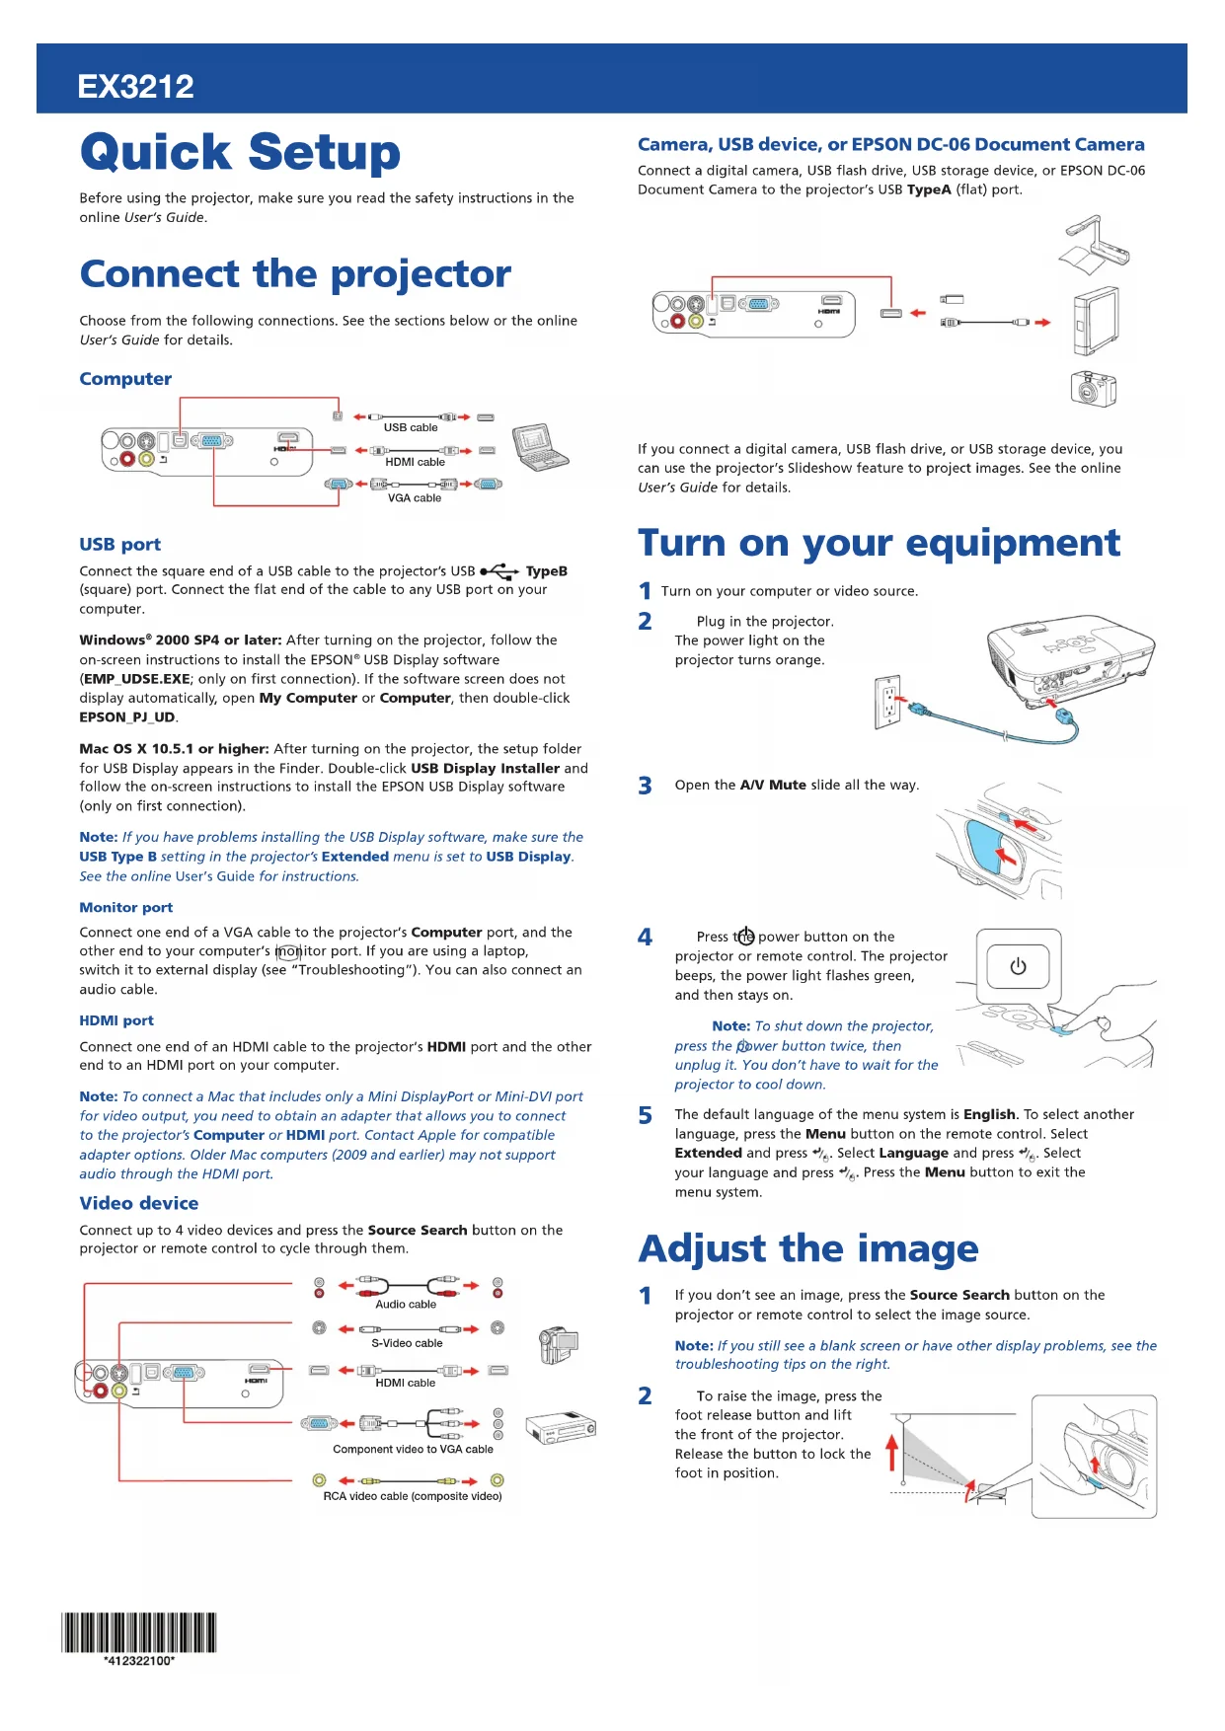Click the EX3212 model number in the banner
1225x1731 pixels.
coord(136,87)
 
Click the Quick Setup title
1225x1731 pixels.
coord(240,152)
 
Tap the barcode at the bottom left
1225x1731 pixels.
coord(139,1632)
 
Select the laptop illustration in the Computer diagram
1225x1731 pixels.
coord(539,447)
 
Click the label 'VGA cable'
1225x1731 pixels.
coord(415,498)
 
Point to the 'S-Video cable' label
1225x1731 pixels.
coord(407,1343)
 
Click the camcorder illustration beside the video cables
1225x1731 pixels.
coord(558,1343)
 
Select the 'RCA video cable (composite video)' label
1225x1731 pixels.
coord(413,1496)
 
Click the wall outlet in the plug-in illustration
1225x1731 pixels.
coord(888,702)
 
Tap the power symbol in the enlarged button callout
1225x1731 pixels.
coord(1018,966)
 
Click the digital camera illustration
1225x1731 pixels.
coord(1093,388)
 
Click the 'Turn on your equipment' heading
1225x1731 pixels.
coord(879,543)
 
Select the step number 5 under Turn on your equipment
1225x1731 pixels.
coord(646,1115)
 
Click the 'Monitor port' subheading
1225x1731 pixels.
coord(126,907)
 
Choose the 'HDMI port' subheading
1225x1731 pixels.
coord(116,1020)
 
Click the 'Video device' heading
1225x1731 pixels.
coord(139,1203)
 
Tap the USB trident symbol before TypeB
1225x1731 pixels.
coord(499,571)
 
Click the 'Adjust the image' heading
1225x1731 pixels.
coord(808,1248)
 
